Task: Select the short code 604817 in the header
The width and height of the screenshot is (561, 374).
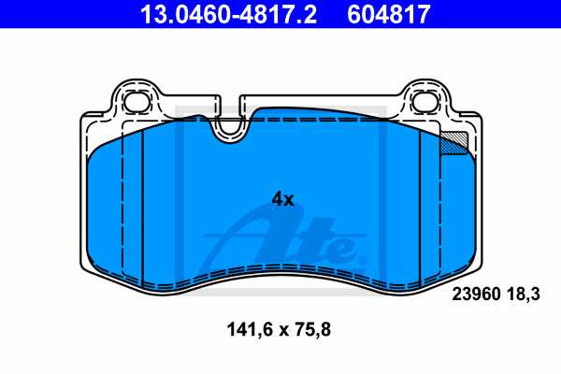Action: [x=390, y=13]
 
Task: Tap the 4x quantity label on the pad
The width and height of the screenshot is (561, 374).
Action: [x=282, y=198]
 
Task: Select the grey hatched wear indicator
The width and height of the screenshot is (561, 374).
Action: [x=454, y=141]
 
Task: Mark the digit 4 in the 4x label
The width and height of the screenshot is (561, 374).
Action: [x=277, y=198]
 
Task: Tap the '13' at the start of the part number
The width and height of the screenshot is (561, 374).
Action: [x=149, y=13]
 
